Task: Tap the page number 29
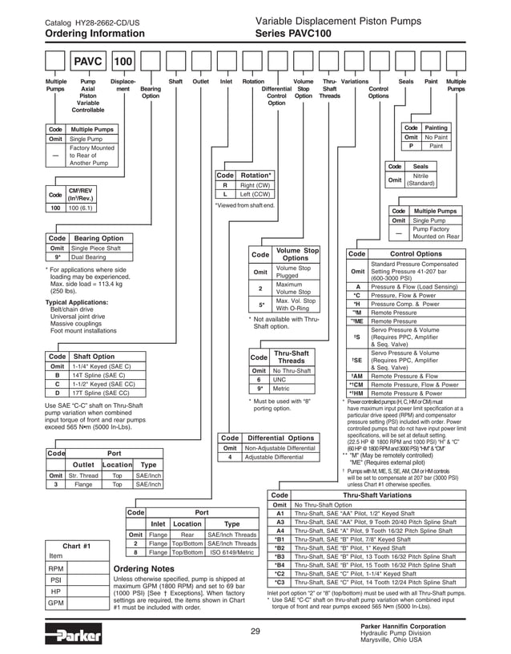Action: (255, 632)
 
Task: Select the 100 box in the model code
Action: (123, 62)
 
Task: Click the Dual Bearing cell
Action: (90, 257)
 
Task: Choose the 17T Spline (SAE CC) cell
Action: (101, 393)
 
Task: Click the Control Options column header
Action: (416, 254)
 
